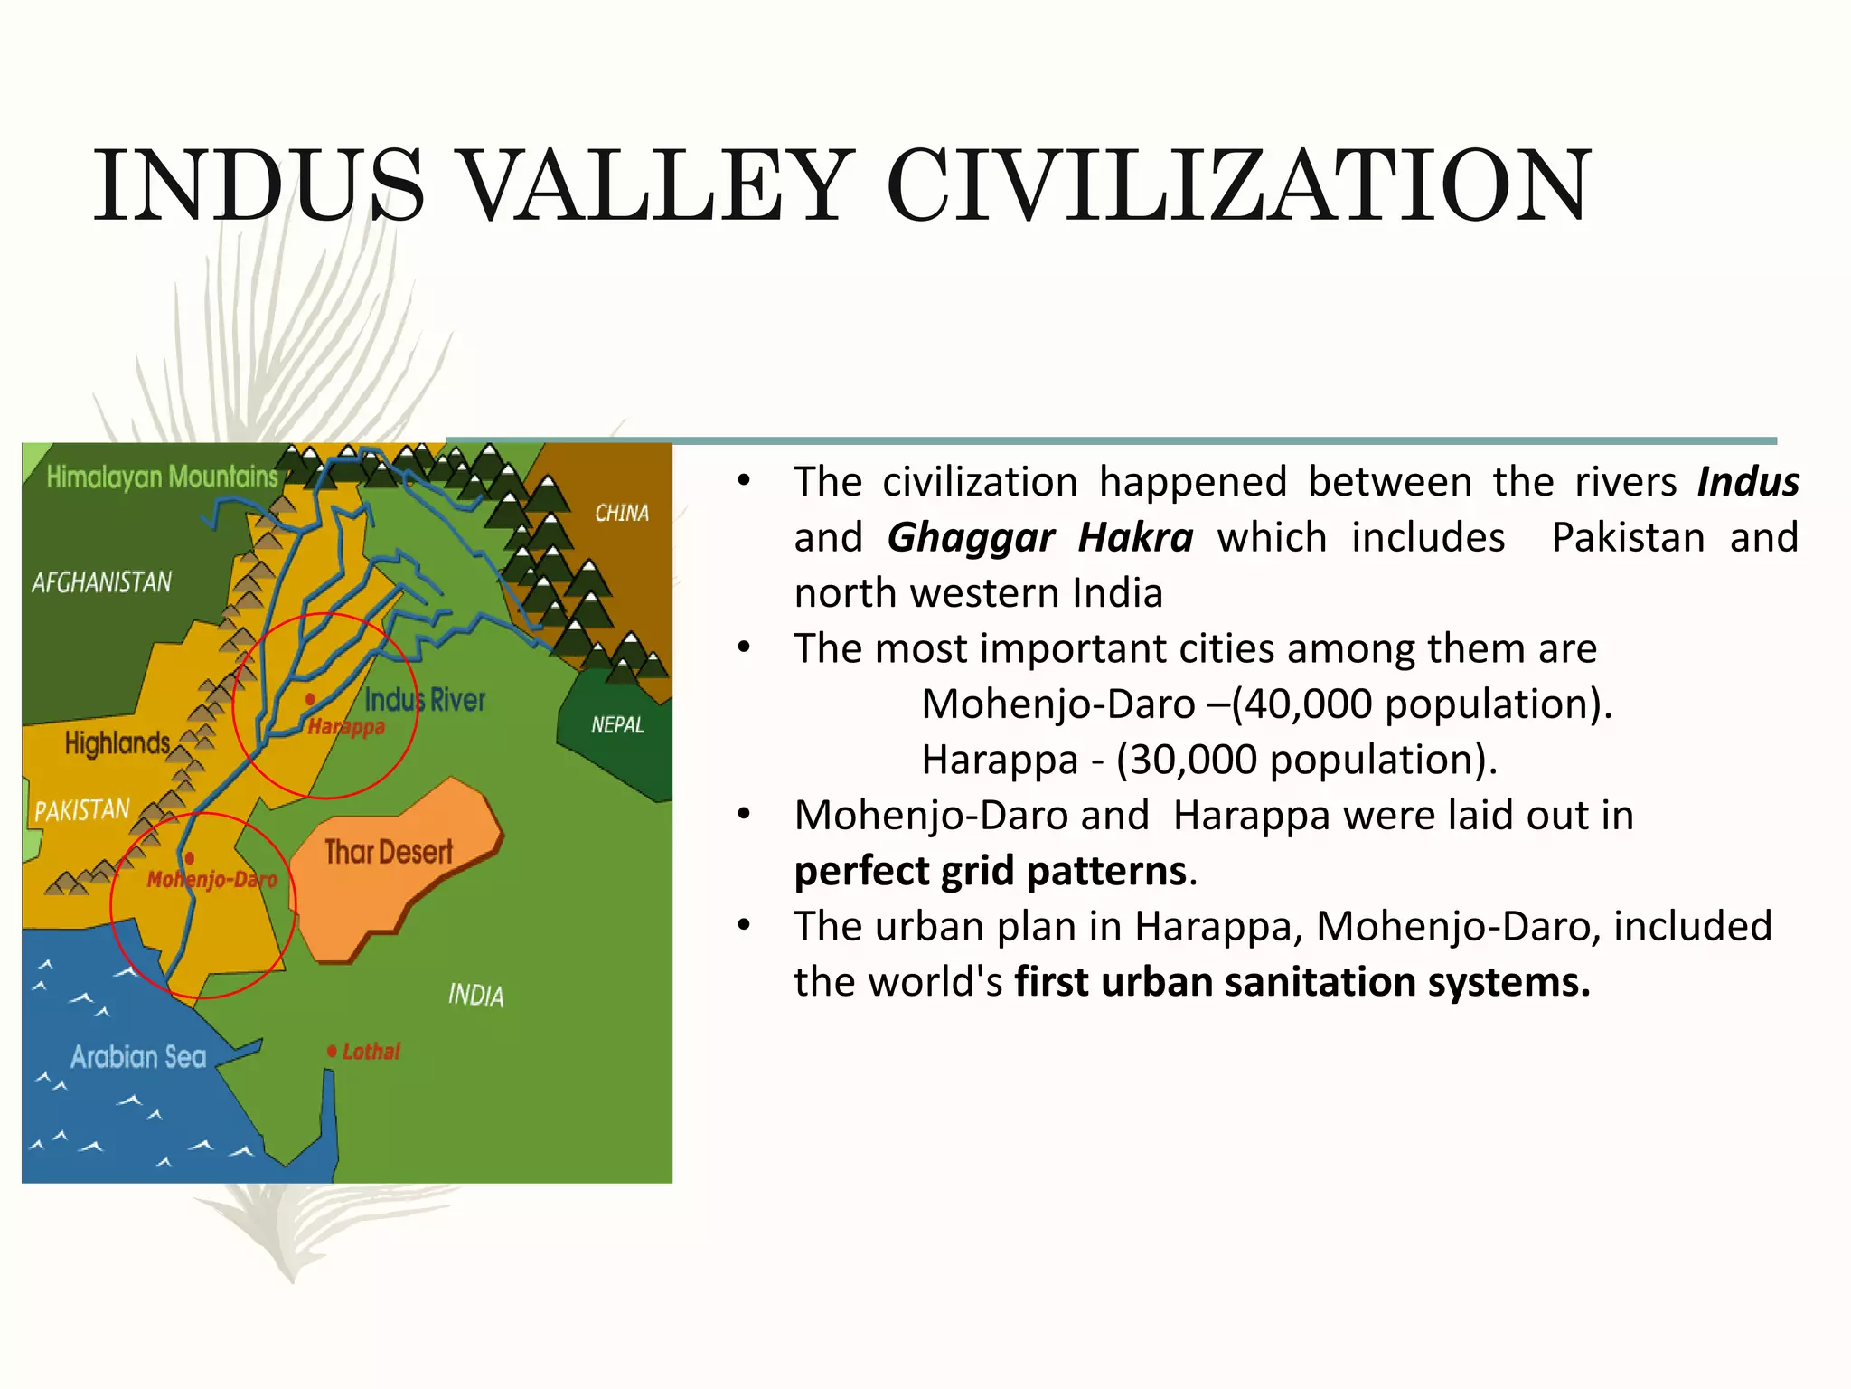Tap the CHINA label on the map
click(x=622, y=513)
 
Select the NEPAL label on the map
click(x=617, y=724)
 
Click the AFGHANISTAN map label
click(x=101, y=581)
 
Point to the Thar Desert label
click(x=389, y=852)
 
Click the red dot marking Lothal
click(x=332, y=1051)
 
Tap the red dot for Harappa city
click(x=310, y=699)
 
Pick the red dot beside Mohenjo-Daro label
click(x=189, y=858)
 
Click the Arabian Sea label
click(x=138, y=1056)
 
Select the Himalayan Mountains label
click(x=162, y=477)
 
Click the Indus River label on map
click(x=425, y=699)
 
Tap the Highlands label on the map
click(x=117, y=743)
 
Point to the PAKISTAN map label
click(x=82, y=809)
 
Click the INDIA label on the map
click(x=476, y=996)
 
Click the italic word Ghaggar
click(x=971, y=538)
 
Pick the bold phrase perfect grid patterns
click(x=990, y=871)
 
